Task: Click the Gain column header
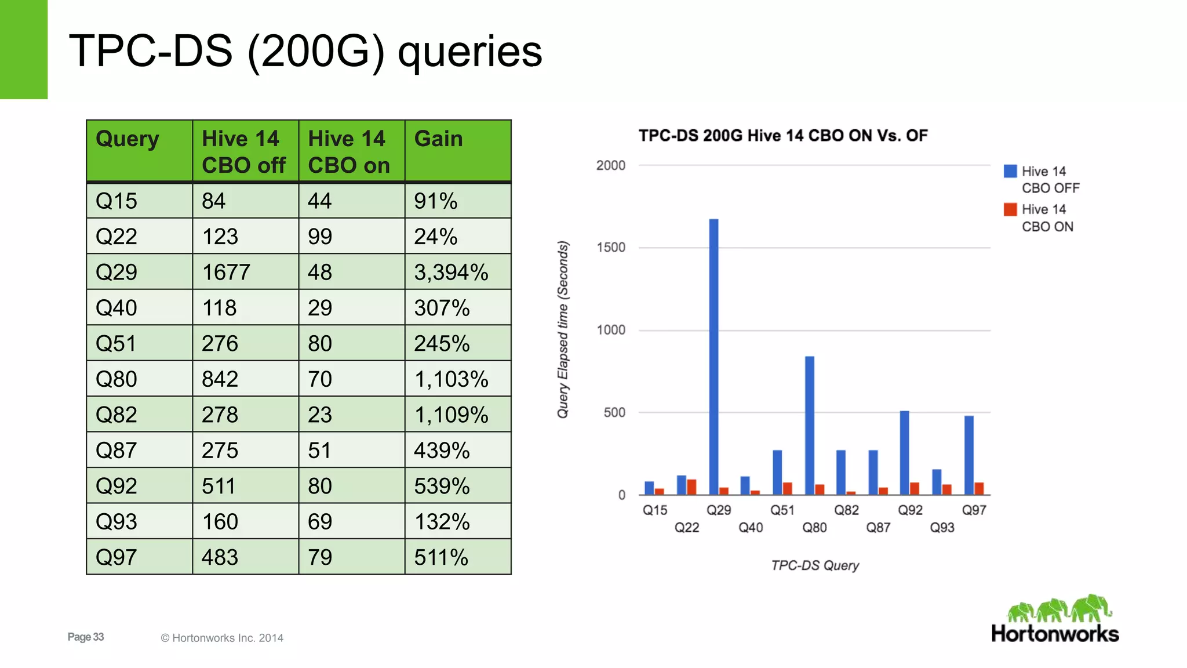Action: [439, 139]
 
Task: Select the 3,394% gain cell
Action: [451, 272]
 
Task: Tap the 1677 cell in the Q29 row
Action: [226, 272]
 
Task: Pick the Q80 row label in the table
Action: [116, 379]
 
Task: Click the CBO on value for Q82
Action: [320, 415]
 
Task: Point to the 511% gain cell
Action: [441, 557]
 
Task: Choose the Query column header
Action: [128, 139]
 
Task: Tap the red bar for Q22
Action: [691, 487]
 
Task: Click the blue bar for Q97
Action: [969, 455]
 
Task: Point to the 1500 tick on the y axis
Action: [611, 248]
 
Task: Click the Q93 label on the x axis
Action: [942, 528]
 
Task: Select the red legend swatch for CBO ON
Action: [1010, 209]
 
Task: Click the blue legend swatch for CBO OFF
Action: [1010, 171]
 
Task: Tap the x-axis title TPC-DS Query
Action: [815, 565]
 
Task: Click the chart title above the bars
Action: [783, 136]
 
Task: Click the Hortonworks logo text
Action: [1055, 634]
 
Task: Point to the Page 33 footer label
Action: [86, 637]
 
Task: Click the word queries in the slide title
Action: [469, 52]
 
